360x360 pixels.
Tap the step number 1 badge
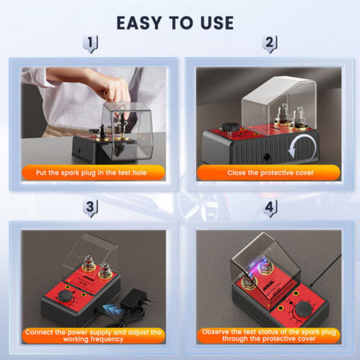pyautogui.click(x=91, y=44)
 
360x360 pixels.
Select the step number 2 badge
pyautogui.click(x=269, y=44)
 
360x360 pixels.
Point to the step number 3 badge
pyautogui.click(x=91, y=208)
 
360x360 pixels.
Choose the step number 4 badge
pyautogui.click(x=269, y=208)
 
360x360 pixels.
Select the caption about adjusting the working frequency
pyautogui.click(x=93, y=335)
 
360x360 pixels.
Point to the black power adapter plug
pyautogui.click(x=136, y=298)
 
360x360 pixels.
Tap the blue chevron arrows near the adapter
pyautogui.click(x=110, y=308)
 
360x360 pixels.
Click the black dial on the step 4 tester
pyautogui.click(x=304, y=309)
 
